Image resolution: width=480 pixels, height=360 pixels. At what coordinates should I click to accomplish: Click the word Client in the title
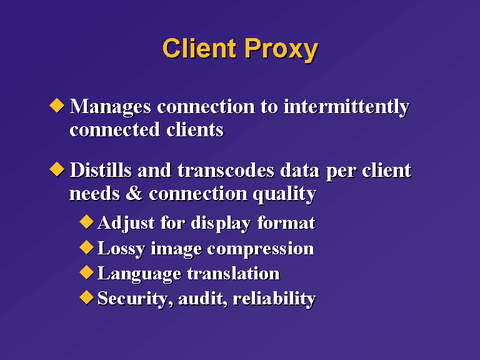click(199, 48)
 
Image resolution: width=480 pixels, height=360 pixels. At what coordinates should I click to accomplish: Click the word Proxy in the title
click(282, 49)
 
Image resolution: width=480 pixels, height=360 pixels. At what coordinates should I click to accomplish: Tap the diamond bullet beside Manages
click(57, 105)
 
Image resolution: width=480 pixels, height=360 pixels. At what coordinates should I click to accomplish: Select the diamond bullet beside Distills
click(57, 169)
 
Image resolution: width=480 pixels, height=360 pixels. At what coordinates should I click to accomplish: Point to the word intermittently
click(346, 107)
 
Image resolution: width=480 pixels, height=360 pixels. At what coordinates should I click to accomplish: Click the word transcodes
click(226, 170)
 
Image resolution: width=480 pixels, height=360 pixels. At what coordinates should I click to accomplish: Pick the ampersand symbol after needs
click(134, 194)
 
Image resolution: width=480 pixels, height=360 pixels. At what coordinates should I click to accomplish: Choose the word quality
click(284, 195)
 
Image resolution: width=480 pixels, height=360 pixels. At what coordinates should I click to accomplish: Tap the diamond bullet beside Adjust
click(87, 221)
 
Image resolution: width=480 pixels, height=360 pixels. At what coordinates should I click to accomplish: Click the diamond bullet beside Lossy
click(87, 247)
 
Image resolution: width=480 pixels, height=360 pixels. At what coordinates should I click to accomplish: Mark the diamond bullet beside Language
click(87, 272)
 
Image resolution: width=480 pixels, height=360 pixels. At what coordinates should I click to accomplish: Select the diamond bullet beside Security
click(87, 297)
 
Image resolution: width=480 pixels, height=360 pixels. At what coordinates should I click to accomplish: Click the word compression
click(261, 249)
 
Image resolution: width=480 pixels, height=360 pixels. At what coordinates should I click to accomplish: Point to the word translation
click(234, 273)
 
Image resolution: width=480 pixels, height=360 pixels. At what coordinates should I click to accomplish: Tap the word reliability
click(274, 299)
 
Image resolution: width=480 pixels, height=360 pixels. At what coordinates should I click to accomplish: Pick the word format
click(286, 223)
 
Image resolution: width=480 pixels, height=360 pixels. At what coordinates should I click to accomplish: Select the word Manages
click(111, 107)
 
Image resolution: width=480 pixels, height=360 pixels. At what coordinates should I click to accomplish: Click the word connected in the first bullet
click(115, 130)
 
